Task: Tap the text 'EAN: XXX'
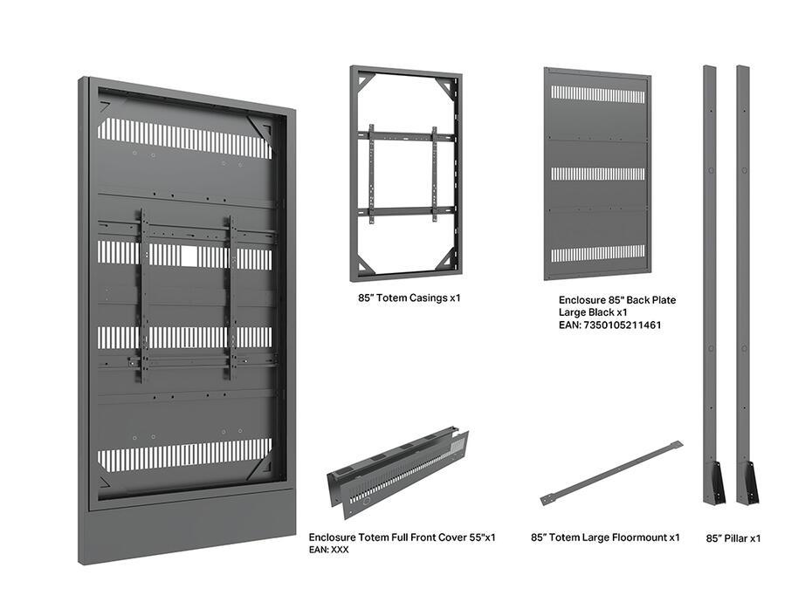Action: pyautogui.click(x=328, y=550)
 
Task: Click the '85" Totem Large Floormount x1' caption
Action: pyautogui.click(x=605, y=537)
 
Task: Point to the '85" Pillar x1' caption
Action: pyautogui.click(x=733, y=538)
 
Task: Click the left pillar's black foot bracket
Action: pyautogui.click(x=715, y=482)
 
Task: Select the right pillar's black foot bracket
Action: pyautogui.click(x=747, y=482)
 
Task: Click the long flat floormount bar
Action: pyautogui.click(x=610, y=470)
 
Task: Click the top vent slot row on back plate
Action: pyautogui.click(x=598, y=94)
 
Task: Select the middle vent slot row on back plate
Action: pyautogui.click(x=598, y=174)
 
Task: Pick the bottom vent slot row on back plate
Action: pyautogui.click(x=598, y=254)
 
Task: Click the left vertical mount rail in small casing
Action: pyautogui.click(x=370, y=174)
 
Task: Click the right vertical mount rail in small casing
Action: pyautogui.click(x=434, y=174)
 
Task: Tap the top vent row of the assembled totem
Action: pyautogui.click(x=183, y=138)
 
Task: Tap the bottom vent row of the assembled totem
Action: pyautogui.click(x=183, y=456)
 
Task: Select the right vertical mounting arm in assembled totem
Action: pyautogui.click(x=231, y=297)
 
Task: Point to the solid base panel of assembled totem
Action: pyautogui.click(x=188, y=528)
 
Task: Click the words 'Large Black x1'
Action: pyautogui.click(x=593, y=312)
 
